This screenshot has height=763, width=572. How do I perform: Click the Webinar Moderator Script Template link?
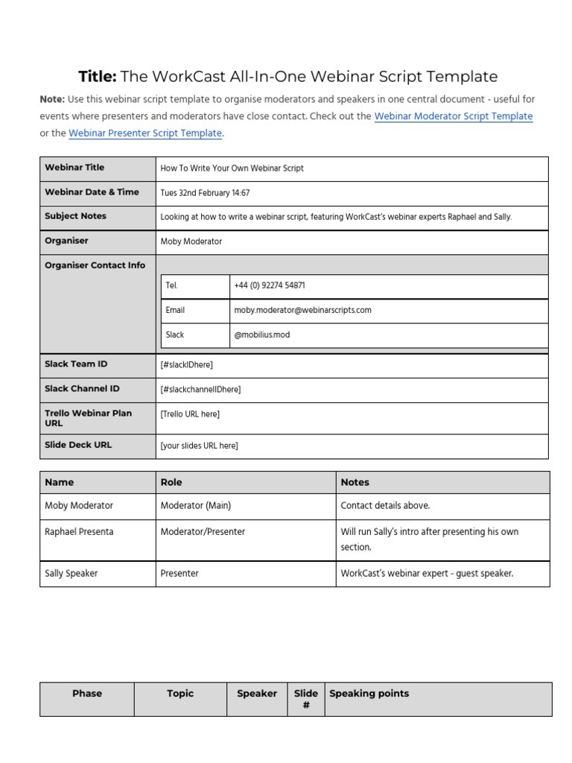click(453, 116)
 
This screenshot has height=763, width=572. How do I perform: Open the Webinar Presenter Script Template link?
click(145, 133)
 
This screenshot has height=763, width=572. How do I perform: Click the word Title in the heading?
click(98, 77)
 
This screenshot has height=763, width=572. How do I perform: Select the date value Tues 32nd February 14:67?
click(205, 193)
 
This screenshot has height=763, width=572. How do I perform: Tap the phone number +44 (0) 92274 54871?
click(269, 285)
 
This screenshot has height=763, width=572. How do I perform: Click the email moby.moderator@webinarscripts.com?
click(302, 310)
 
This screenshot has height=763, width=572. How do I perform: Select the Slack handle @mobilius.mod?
click(261, 335)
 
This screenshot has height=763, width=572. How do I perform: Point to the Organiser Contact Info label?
click(95, 265)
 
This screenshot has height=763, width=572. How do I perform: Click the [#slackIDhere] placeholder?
click(186, 364)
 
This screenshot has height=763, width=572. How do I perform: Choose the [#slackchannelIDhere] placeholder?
click(200, 389)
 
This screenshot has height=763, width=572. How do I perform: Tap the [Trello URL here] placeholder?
click(190, 414)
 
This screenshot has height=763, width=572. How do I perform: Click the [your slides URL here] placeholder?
click(199, 446)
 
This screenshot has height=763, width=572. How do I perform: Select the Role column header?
click(171, 482)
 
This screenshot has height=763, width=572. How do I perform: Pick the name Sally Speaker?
click(71, 574)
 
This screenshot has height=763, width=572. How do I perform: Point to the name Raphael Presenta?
click(80, 532)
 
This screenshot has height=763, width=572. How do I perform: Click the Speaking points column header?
click(369, 694)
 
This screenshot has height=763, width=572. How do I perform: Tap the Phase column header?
click(87, 694)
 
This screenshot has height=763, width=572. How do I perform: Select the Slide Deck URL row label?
click(78, 445)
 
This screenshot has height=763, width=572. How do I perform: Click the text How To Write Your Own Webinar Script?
click(232, 168)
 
